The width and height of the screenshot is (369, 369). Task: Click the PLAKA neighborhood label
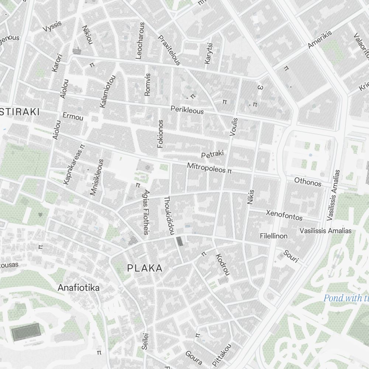[145, 268]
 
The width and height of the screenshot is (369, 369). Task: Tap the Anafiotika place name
[79, 287]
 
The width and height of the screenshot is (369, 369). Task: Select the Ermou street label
[73, 117]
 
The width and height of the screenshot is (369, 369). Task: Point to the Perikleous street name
[187, 110]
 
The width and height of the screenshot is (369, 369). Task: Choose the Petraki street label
[213, 155]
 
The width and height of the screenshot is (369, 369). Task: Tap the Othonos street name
[308, 182]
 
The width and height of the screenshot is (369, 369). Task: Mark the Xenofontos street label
[284, 215]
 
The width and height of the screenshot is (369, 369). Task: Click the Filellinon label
[273, 236]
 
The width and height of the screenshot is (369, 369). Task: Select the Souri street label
[291, 256]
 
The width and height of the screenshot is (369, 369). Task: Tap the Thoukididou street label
[168, 215]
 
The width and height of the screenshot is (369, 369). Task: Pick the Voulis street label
[234, 127]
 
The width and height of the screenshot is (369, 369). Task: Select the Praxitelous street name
[169, 51]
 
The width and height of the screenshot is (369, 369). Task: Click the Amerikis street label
[320, 39]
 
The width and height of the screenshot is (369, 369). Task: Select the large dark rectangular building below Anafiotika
[25, 332]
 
